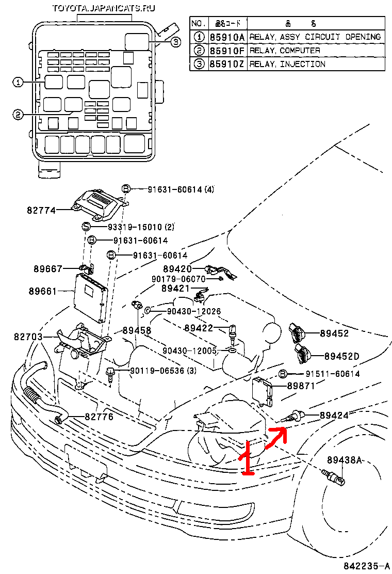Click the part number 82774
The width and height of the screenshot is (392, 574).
point(42,210)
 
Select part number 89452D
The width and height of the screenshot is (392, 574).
point(341,356)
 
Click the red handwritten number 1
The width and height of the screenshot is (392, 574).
point(248,457)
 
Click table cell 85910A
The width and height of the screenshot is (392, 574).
point(227,37)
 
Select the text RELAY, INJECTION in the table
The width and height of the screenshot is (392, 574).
point(287,64)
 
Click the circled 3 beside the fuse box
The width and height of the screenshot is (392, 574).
point(175,42)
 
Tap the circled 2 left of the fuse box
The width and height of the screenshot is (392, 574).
point(18,115)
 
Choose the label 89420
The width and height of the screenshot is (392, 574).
point(177,269)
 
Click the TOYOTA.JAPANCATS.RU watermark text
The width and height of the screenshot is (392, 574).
point(104,8)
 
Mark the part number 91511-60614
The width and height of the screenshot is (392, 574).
point(332,374)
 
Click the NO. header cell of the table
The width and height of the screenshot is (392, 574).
point(199,23)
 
